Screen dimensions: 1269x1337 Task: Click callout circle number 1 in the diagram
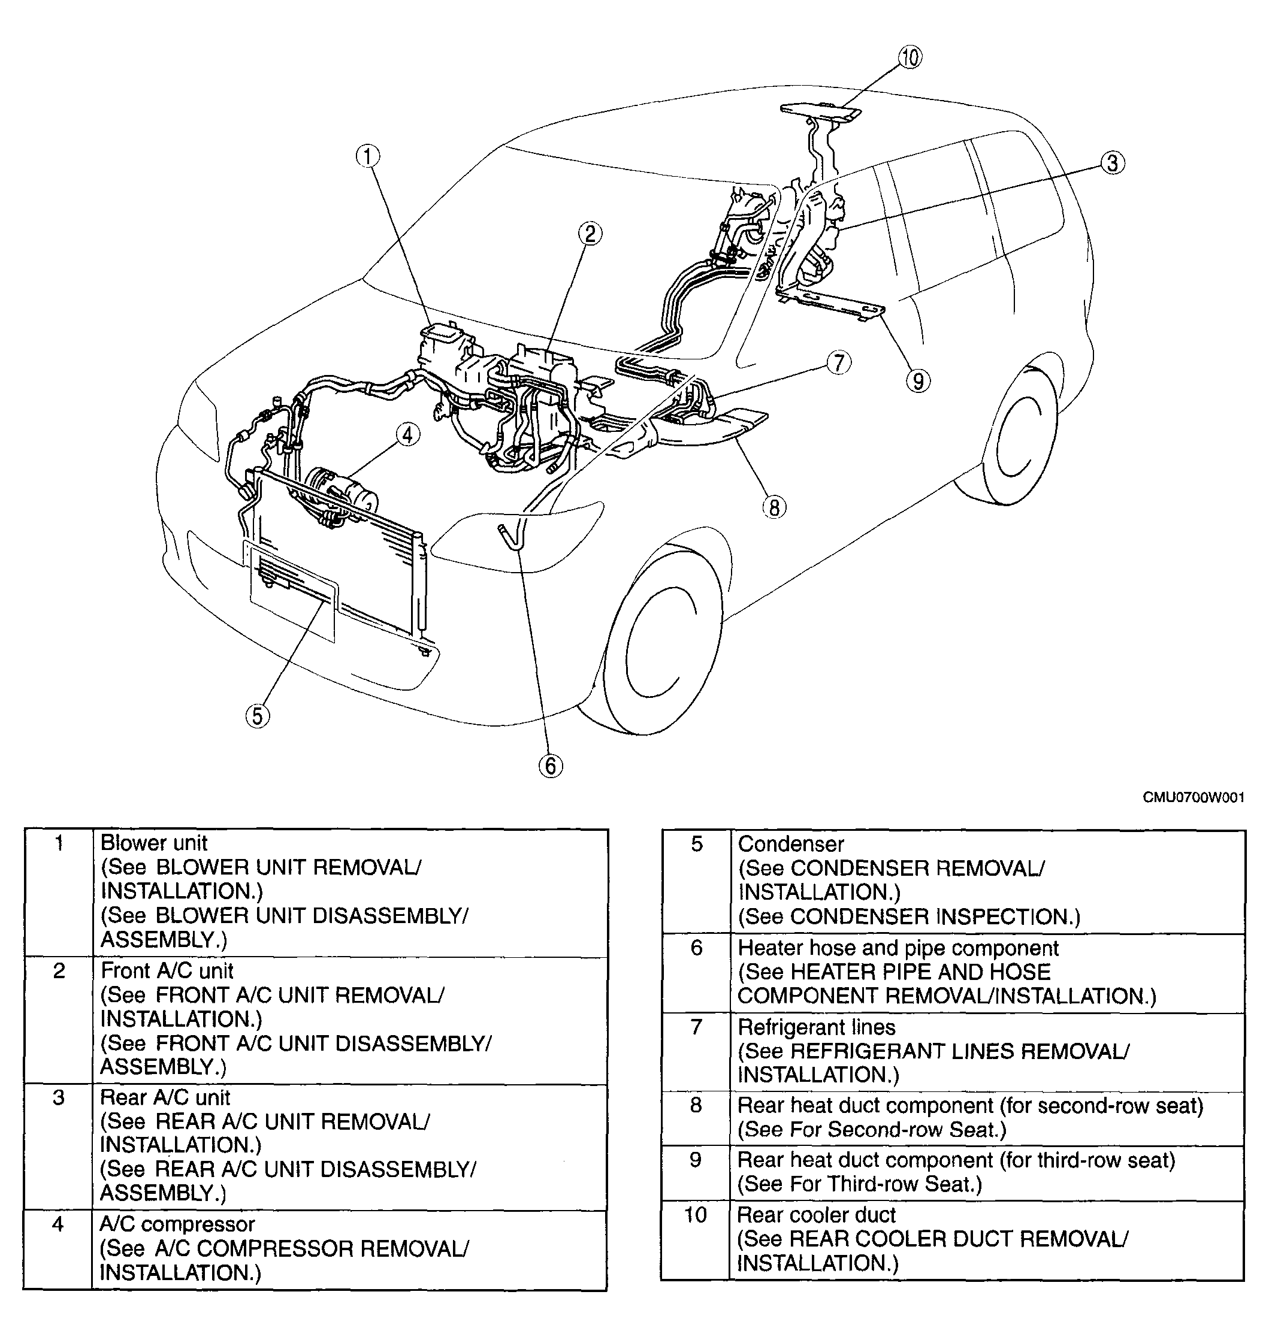click(x=368, y=157)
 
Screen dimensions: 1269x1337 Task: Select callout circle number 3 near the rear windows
click(x=1113, y=163)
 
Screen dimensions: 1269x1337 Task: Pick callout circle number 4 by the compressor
click(x=407, y=435)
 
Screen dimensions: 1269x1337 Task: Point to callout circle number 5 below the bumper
click(x=258, y=715)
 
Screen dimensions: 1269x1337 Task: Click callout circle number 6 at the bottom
click(x=551, y=766)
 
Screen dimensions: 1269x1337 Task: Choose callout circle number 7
click(x=839, y=363)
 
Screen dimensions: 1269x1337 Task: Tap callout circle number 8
click(x=775, y=507)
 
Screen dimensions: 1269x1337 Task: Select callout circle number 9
click(x=918, y=382)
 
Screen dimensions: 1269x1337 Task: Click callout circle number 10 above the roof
click(x=911, y=58)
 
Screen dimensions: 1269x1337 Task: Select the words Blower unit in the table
click(x=153, y=843)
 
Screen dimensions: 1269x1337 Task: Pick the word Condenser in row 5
click(x=791, y=844)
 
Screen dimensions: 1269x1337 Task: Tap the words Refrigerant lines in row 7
click(x=817, y=1027)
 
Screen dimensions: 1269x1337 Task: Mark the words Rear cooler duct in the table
click(x=817, y=1215)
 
